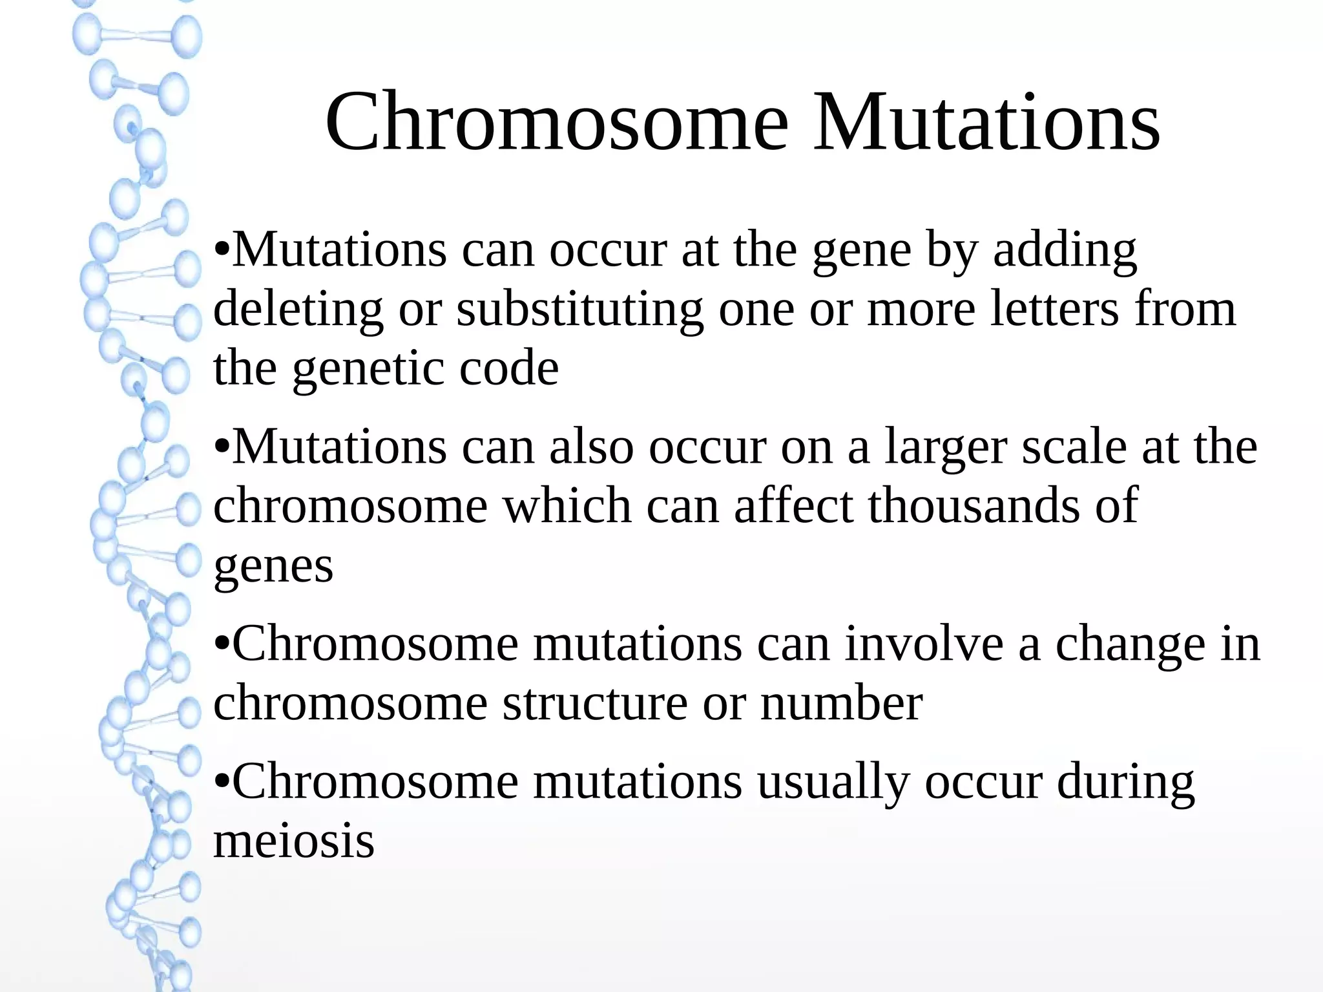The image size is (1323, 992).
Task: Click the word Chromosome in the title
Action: click(557, 123)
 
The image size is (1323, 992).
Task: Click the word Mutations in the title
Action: click(986, 123)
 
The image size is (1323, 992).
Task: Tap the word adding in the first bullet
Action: click(1065, 250)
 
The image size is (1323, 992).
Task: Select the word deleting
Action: click(298, 310)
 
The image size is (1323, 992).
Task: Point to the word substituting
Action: click(579, 310)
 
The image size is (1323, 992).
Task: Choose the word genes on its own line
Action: click(273, 567)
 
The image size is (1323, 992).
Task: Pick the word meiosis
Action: click(294, 841)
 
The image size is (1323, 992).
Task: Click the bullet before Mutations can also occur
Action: click(221, 447)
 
